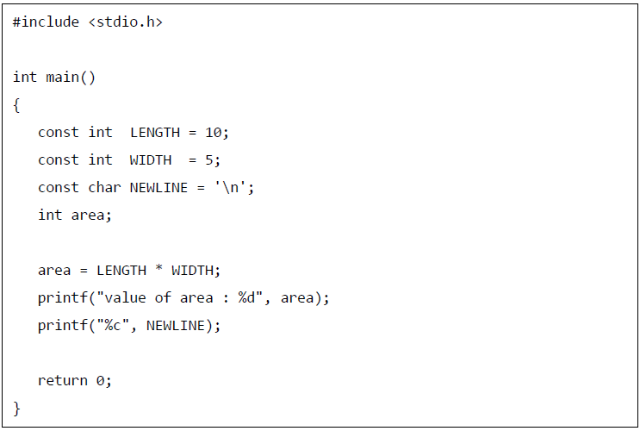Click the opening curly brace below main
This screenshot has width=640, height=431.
point(16,105)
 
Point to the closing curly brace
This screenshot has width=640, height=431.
point(16,408)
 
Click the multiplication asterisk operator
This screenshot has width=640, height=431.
point(159,271)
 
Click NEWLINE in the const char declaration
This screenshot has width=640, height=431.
point(159,188)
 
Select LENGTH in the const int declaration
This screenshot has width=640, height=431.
point(155,133)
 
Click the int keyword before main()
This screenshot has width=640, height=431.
point(25,78)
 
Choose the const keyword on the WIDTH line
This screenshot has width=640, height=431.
point(59,160)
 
